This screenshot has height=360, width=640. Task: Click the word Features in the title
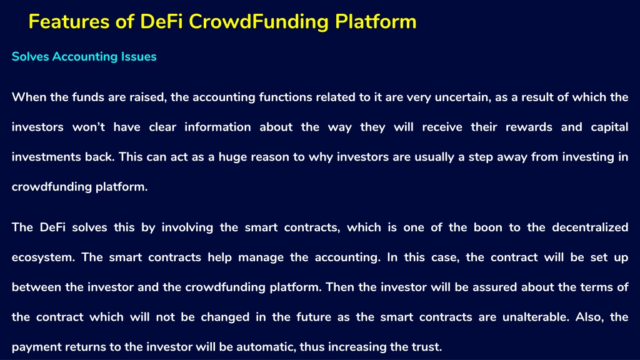coord(69,22)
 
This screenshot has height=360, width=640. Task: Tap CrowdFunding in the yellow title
coord(258,22)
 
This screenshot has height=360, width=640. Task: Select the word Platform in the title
coord(376,22)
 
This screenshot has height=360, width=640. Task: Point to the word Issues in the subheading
coord(139,56)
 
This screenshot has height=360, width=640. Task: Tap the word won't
coord(89,127)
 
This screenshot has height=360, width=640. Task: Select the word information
coord(217,127)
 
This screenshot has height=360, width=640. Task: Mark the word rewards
coord(529,127)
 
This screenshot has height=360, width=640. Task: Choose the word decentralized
coord(590,227)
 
